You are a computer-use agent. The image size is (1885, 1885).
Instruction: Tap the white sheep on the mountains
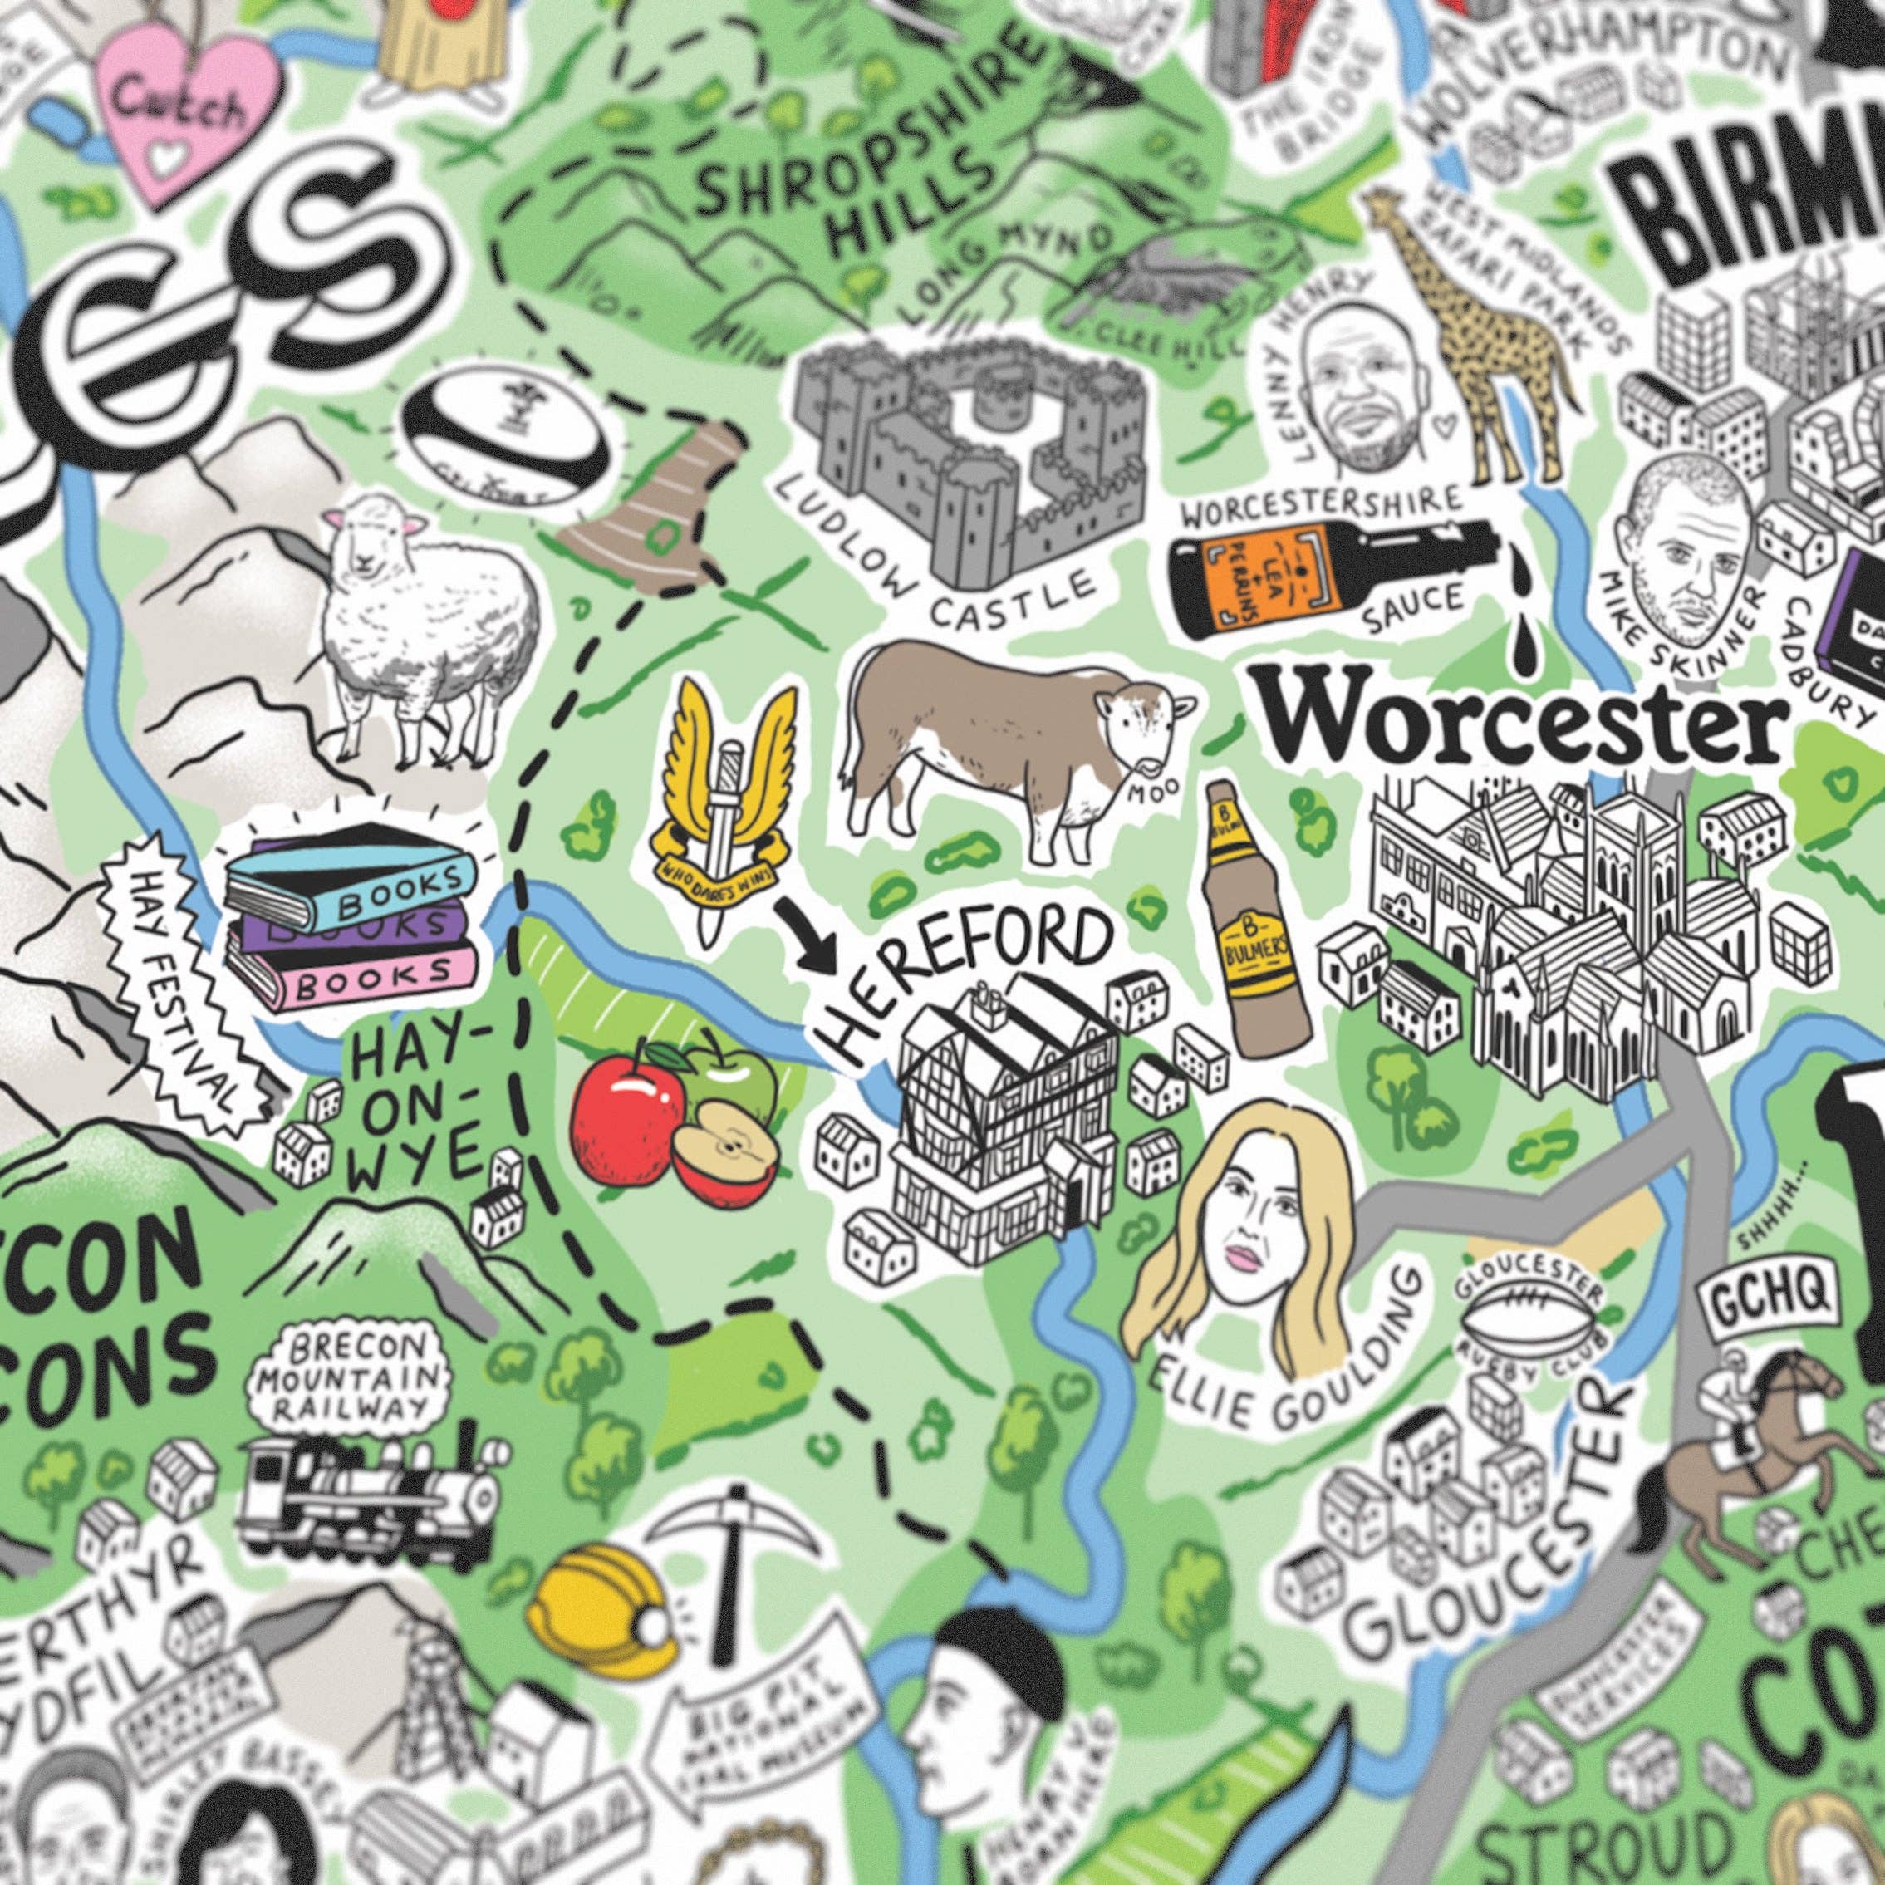430,625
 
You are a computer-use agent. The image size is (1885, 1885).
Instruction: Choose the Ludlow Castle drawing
966,459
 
